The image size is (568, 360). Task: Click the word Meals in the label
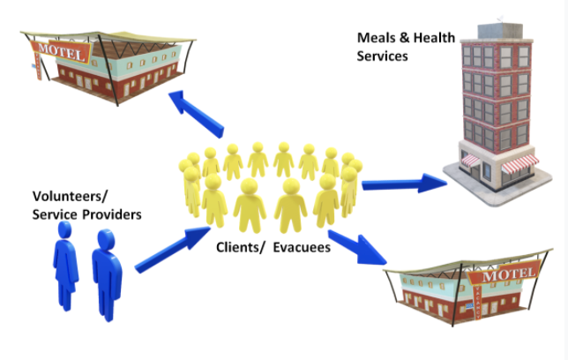point(374,38)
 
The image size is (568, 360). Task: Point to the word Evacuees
point(303,248)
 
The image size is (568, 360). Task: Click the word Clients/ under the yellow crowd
point(241,248)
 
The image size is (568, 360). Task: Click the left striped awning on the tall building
point(472,161)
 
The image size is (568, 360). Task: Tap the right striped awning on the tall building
point(524,161)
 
